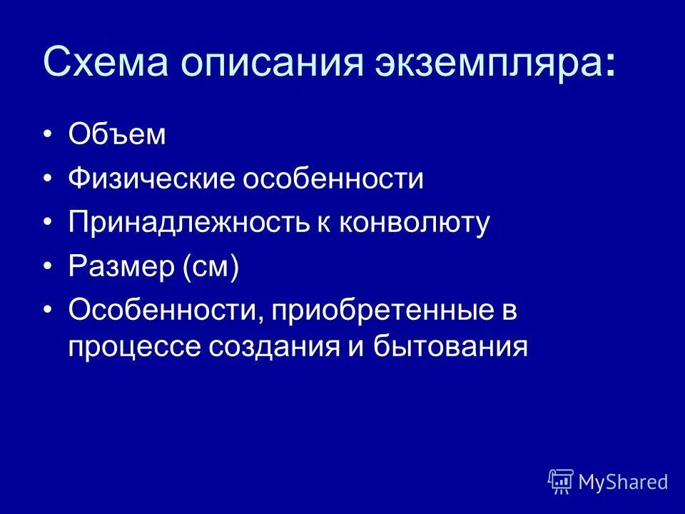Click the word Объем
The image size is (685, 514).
point(117,135)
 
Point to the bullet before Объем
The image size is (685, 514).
point(48,135)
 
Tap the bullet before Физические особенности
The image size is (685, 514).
point(48,179)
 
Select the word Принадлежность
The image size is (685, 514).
point(188,223)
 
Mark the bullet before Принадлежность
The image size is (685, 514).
point(48,223)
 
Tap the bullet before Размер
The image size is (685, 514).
point(48,268)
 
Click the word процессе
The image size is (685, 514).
point(133,348)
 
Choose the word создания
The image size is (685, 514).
point(276,348)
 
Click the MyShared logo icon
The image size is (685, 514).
point(561,482)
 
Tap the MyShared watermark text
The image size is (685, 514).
point(623,483)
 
